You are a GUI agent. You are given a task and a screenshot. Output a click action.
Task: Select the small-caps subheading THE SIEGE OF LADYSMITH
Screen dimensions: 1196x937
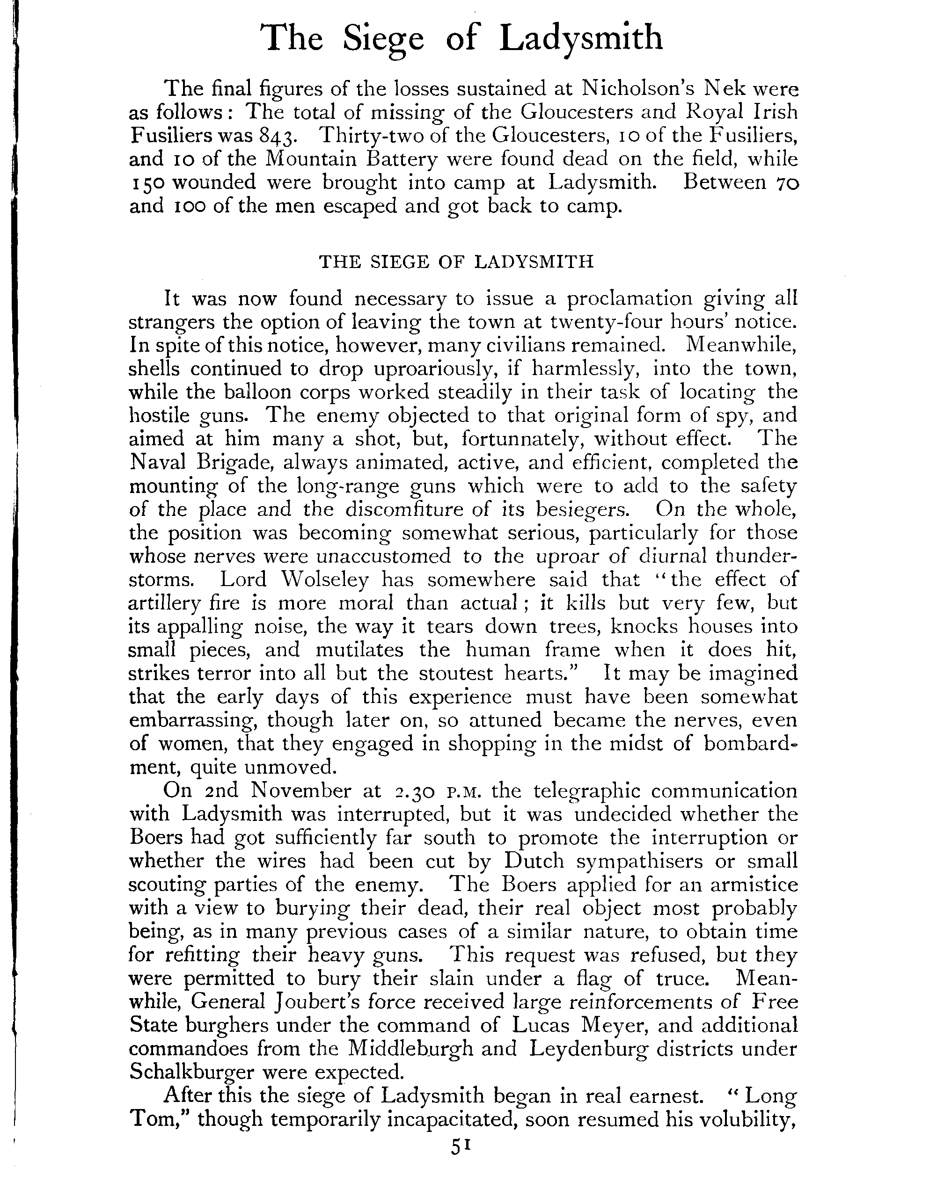point(456,262)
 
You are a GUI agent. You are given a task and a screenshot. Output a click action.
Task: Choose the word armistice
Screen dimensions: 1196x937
point(754,884)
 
